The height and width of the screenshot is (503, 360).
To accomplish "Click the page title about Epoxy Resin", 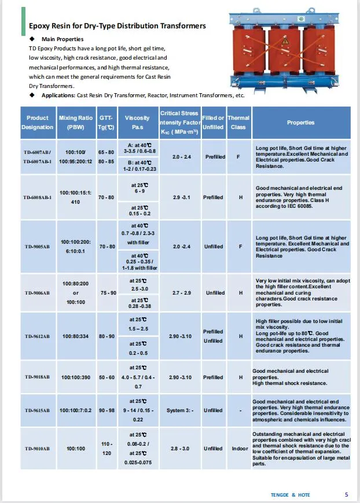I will tap(117, 26).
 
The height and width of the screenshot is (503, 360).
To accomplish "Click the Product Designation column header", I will tap(38, 122).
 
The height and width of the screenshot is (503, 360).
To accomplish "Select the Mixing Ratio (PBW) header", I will tap(76, 122).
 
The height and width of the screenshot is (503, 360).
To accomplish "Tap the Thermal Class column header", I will tap(238, 122).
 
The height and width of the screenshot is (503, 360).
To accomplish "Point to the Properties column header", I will tap(300, 122).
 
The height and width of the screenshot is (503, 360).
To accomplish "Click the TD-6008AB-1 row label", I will tap(38, 197).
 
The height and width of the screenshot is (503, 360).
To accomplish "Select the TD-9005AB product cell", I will tap(38, 247).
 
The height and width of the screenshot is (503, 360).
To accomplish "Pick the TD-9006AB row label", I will tap(38, 293).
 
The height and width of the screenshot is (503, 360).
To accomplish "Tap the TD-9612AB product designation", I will tap(38, 336).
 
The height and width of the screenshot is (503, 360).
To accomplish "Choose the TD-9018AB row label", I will tap(38, 377).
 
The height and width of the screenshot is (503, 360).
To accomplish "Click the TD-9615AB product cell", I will tap(38, 410).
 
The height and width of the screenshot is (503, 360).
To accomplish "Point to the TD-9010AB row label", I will tap(38, 449).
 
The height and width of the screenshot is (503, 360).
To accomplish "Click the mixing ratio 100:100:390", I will tap(76, 377).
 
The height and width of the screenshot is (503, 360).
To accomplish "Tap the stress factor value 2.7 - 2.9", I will tap(178, 293).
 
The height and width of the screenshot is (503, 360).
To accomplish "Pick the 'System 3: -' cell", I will tap(178, 410).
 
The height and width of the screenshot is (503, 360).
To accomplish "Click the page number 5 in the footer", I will tap(346, 495).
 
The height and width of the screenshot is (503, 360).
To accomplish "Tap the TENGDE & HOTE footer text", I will tap(291, 495).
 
